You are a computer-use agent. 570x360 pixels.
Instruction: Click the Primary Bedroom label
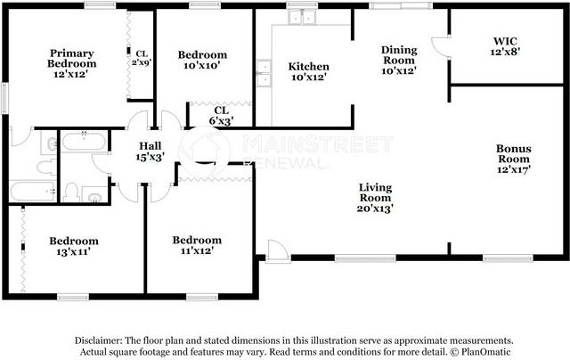[x=71, y=63]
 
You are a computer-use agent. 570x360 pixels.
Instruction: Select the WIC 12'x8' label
[x=505, y=46]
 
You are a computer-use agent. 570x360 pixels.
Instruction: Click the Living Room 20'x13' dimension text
[x=375, y=209]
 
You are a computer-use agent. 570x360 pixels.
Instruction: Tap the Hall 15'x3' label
[x=151, y=151]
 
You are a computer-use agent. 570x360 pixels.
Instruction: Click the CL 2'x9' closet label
[x=142, y=58]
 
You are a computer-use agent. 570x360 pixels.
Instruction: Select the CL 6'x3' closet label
[x=221, y=116]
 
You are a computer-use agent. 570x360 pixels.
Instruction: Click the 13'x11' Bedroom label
[x=74, y=246]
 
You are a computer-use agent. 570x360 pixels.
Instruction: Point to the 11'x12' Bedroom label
[x=197, y=245]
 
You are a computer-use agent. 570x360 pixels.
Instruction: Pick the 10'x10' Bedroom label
[x=202, y=60]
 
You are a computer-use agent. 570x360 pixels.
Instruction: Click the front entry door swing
[x=278, y=250]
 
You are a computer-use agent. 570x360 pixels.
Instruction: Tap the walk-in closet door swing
[x=441, y=46]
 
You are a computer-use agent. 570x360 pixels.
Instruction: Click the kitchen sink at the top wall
[x=302, y=17]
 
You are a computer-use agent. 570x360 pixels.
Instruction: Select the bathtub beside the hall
[x=84, y=142]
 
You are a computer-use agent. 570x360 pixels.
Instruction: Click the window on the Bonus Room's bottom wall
[x=508, y=258]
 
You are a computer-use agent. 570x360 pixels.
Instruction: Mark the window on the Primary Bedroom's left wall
[x=4, y=98]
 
